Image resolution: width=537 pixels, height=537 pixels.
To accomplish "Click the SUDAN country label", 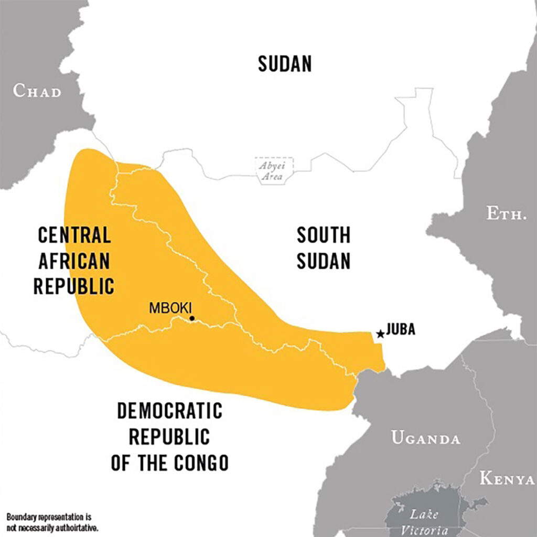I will [285, 64].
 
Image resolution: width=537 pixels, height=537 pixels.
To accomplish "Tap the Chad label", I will [37, 91].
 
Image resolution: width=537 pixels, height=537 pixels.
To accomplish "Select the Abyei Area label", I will [272, 171].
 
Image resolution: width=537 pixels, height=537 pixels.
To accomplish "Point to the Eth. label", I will [506, 213].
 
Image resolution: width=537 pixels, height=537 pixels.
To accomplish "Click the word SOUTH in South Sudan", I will [323, 235].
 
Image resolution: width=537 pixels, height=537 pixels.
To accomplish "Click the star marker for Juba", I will [380, 334].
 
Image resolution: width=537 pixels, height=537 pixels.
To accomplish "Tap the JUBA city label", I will [401, 329].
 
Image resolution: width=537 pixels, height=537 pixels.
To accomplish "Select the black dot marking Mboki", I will [192, 318].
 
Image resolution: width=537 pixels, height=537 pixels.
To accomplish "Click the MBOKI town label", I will [170, 308].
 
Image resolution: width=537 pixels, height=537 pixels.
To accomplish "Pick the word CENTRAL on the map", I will [74, 235].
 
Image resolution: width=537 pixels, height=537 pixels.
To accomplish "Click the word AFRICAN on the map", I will [74, 261].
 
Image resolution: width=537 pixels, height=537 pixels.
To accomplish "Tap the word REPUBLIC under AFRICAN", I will [74, 286].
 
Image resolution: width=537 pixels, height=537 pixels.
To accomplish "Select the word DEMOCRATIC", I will [169, 411].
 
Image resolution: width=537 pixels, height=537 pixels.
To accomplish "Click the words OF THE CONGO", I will [169, 463].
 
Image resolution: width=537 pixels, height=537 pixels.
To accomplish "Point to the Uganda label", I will [425, 438].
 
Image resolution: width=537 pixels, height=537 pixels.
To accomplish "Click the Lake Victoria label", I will [424, 522].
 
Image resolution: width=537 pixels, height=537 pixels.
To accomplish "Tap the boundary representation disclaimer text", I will [52, 522].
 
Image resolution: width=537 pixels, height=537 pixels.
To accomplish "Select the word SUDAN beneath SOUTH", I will [323, 261].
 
